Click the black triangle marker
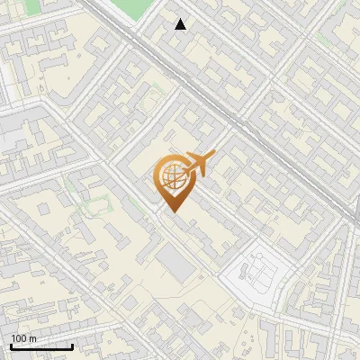coord(181,24)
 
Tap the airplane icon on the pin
coord(196,165)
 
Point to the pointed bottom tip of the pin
coord(174,212)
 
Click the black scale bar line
coord(41,346)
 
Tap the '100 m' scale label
coord(23,338)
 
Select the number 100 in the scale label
coord(19,338)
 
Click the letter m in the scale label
coord(32,338)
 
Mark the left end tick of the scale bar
coord(11,345)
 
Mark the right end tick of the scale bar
coord(72,345)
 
